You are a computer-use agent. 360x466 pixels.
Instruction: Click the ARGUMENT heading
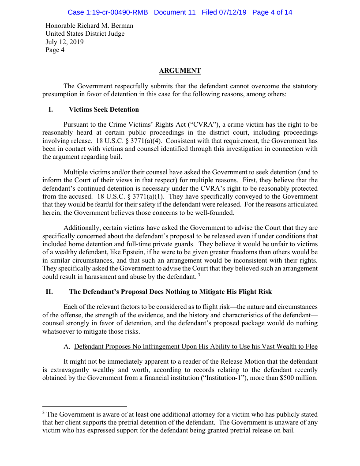pos(180,71)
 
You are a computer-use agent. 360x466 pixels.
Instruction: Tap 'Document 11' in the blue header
pos(175,12)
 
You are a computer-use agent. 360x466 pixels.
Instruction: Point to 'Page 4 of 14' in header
pos(272,12)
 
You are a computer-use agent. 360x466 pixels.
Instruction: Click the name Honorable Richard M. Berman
pos(90,26)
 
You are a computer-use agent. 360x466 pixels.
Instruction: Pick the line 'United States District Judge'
pos(85,34)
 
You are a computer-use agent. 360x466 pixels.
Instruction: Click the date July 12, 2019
pos(65,42)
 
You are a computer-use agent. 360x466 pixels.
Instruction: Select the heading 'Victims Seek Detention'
pos(104,109)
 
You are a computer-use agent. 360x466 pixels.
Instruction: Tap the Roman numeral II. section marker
pos(50,292)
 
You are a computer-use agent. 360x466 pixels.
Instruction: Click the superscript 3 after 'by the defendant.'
pos(199,275)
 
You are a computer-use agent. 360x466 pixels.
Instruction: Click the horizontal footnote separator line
pos(85,406)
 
